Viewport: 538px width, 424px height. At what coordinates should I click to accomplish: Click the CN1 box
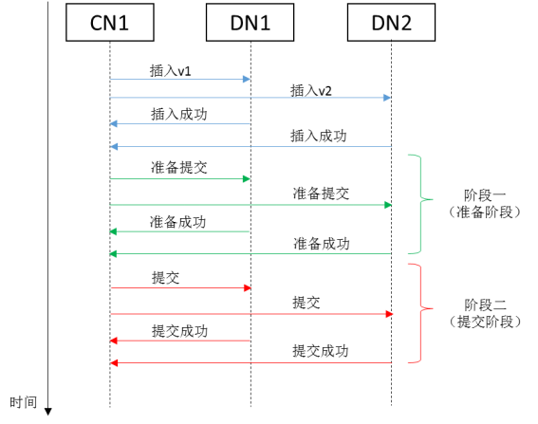click(110, 23)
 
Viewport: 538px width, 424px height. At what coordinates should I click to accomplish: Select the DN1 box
click(250, 23)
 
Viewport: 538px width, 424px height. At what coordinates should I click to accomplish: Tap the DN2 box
click(391, 23)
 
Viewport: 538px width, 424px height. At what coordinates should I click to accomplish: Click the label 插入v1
click(171, 70)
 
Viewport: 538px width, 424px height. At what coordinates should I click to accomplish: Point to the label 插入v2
click(311, 90)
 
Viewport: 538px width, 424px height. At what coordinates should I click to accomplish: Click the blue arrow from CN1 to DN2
click(250, 98)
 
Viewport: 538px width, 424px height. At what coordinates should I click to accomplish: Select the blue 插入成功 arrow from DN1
click(180, 123)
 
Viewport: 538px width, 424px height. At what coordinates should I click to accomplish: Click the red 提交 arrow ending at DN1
click(180, 286)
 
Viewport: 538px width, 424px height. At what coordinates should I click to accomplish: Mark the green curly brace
click(418, 205)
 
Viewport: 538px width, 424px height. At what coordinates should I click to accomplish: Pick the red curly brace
click(418, 313)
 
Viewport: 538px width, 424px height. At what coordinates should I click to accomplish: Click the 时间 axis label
click(24, 402)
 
